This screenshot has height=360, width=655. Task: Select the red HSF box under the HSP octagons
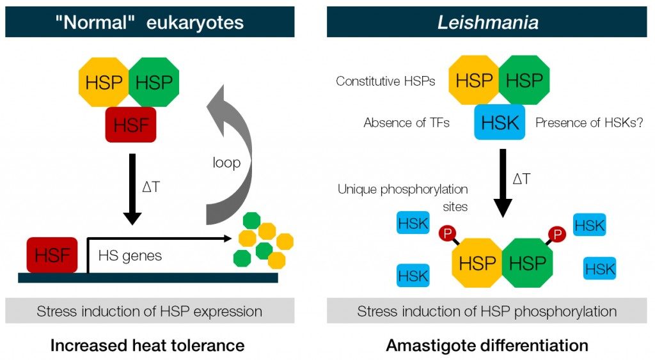point(130,124)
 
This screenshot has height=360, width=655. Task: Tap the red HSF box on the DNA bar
point(52,254)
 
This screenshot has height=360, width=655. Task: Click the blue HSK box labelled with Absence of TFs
point(500,122)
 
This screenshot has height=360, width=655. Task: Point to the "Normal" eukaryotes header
point(150,23)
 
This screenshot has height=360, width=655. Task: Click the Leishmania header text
point(487,23)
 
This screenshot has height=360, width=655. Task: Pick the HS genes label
point(130,256)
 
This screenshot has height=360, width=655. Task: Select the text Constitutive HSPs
point(385,81)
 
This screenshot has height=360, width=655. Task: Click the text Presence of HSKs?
point(588,122)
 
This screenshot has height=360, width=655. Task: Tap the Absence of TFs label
point(406,122)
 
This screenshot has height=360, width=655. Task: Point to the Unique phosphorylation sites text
point(403,198)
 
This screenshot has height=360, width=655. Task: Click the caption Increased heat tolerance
point(147,346)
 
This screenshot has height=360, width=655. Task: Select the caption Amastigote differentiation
point(487,346)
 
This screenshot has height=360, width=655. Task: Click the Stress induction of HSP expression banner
point(150,311)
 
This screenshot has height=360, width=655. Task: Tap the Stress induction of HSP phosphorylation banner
point(487,311)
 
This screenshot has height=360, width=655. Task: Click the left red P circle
point(446,234)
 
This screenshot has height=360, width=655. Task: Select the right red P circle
point(556,234)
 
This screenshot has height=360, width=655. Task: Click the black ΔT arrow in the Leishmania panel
point(503,182)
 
